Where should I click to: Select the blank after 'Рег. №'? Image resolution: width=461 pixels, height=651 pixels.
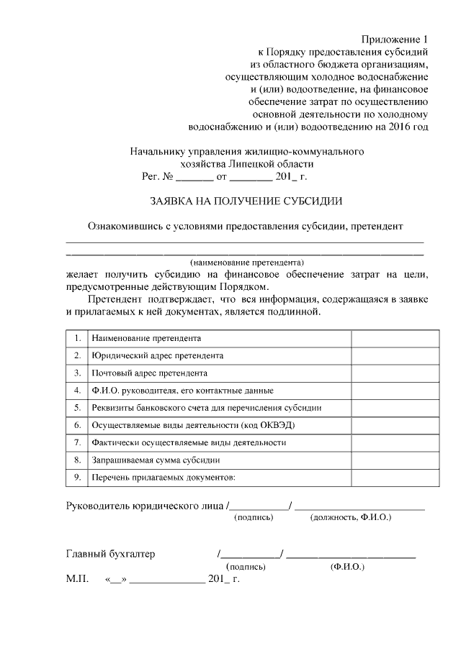click(x=194, y=176)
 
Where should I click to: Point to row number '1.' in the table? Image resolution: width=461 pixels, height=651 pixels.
click(x=77, y=337)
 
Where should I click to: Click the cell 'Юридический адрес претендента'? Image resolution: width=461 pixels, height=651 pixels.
click(x=157, y=355)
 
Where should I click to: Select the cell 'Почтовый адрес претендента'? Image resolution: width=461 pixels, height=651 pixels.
click(x=149, y=373)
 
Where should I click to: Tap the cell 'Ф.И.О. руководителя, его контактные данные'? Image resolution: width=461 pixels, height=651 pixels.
click(x=182, y=390)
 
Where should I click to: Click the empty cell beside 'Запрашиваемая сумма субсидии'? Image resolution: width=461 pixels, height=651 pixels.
click(x=395, y=459)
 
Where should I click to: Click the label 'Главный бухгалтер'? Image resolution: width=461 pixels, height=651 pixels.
click(x=110, y=554)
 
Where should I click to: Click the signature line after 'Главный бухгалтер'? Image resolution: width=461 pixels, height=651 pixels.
click(x=251, y=555)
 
